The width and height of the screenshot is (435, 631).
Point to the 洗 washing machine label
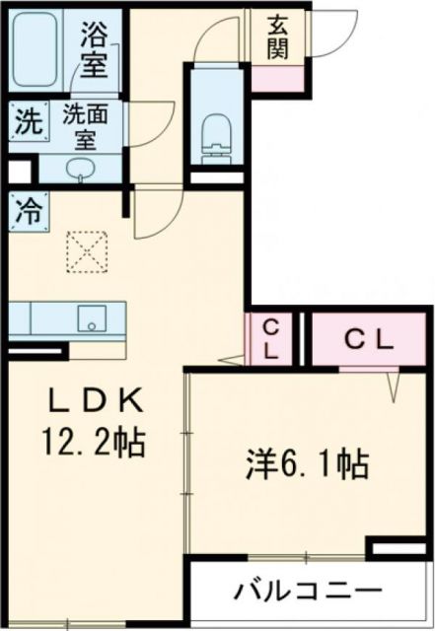pyautogui.click(x=29, y=123)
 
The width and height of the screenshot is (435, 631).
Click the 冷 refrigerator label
pyautogui.click(x=30, y=210)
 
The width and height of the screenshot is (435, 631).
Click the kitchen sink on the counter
pyautogui.click(x=92, y=319)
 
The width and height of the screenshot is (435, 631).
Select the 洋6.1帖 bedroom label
pyautogui.click(x=308, y=459)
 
